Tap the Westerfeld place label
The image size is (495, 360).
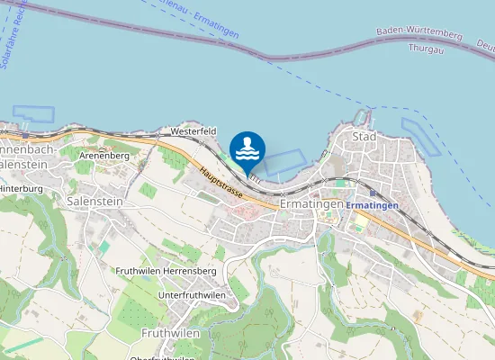click(x=193, y=131)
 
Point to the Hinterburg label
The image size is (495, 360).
click(x=21, y=188)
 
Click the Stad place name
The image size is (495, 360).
click(x=364, y=137)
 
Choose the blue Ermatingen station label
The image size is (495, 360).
click(x=372, y=206)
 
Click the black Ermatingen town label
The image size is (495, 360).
click(x=311, y=204)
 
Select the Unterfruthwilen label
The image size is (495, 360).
click(x=192, y=295)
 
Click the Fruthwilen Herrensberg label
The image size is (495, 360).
click(x=166, y=271)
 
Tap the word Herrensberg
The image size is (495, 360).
click(x=195, y=271)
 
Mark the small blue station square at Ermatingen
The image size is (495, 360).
click(x=341, y=206)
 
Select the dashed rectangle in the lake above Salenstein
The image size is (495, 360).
click(x=33, y=116)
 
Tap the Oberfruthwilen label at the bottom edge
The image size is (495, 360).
click(x=162, y=356)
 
